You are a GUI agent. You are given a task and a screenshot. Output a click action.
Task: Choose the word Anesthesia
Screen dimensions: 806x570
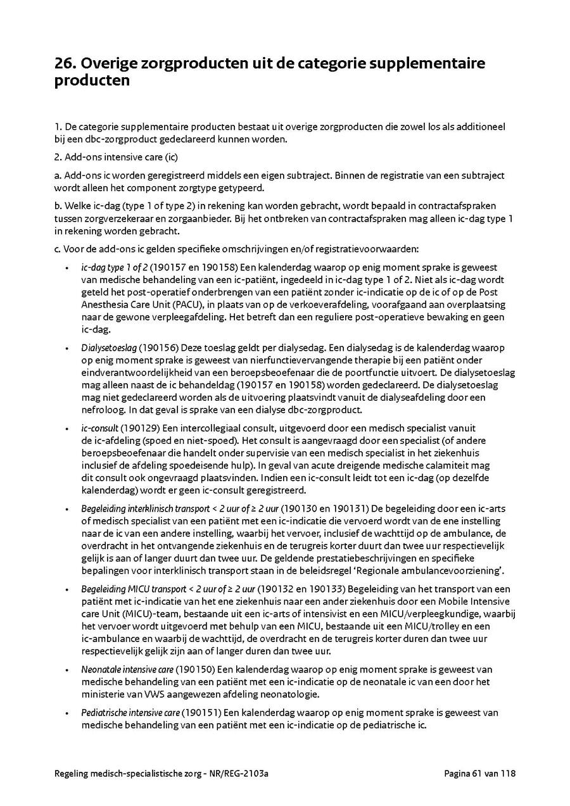[104, 304]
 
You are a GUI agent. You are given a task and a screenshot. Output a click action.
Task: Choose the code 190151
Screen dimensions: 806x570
[201, 714]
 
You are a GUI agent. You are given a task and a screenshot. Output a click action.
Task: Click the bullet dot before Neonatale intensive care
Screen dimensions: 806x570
[67, 670]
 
